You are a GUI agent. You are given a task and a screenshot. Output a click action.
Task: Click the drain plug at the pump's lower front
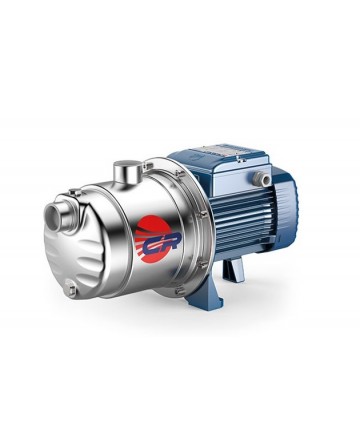pyautogui.click(x=72, y=290)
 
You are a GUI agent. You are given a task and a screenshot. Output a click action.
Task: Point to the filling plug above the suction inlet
pyautogui.click(x=76, y=192)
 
